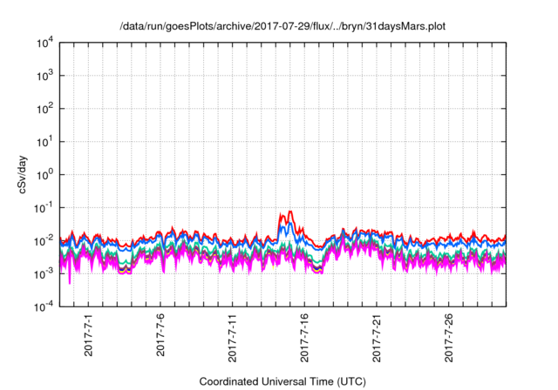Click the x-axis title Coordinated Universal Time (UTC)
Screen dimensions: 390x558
pos(282,381)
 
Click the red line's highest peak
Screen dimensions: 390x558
pos(289,211)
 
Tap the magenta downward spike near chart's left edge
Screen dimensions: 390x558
pos(70,283)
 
